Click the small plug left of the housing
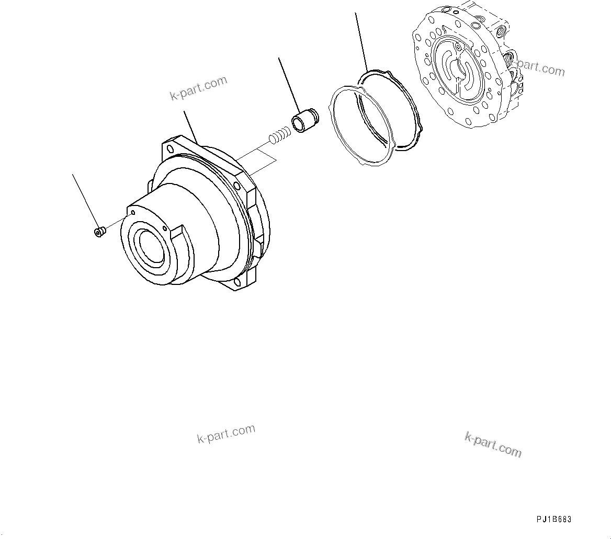pos(98,231)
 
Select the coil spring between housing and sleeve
pos(280,134)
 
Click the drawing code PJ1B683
pos(554,519)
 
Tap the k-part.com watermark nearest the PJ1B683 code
pos(493,444)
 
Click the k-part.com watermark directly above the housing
pos(199,88)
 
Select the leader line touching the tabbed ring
pos(361,42)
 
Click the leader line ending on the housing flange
pos(190,126)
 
